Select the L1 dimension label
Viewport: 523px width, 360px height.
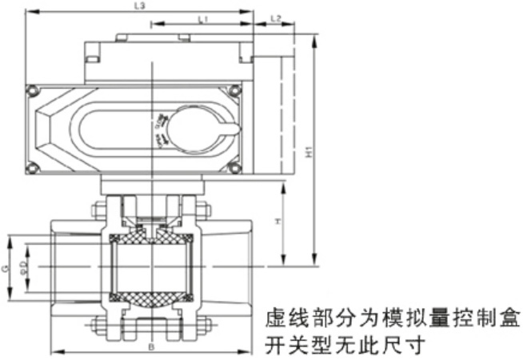[x=202, y=17]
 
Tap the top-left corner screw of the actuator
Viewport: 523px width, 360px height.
[x=32, y=92]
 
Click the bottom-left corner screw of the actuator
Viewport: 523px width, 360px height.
[x=32, y=168]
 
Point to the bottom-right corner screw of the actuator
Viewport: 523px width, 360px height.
[x=235, y=168]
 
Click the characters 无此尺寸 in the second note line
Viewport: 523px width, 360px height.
[x=376, y=346]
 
